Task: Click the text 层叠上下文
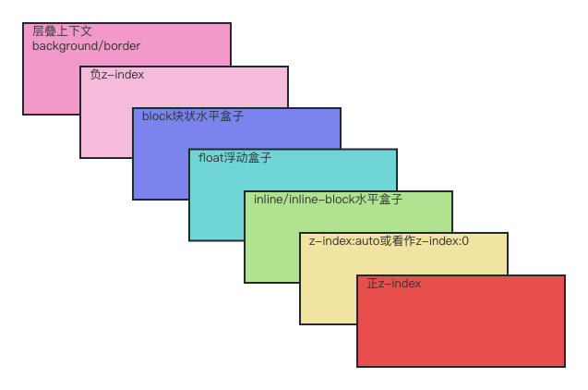point(62,31)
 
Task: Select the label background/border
point(86,45)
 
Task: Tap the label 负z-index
point(116,75)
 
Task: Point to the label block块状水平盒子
point(192,116)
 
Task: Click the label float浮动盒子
point(234,158)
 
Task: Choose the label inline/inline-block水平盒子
point(328,200)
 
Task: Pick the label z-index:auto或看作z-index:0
point(389,241)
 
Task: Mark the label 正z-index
point(393,284)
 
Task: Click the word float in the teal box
point(210,158)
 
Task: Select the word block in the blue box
point(157,116)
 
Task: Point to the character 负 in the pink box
point(95,75)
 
